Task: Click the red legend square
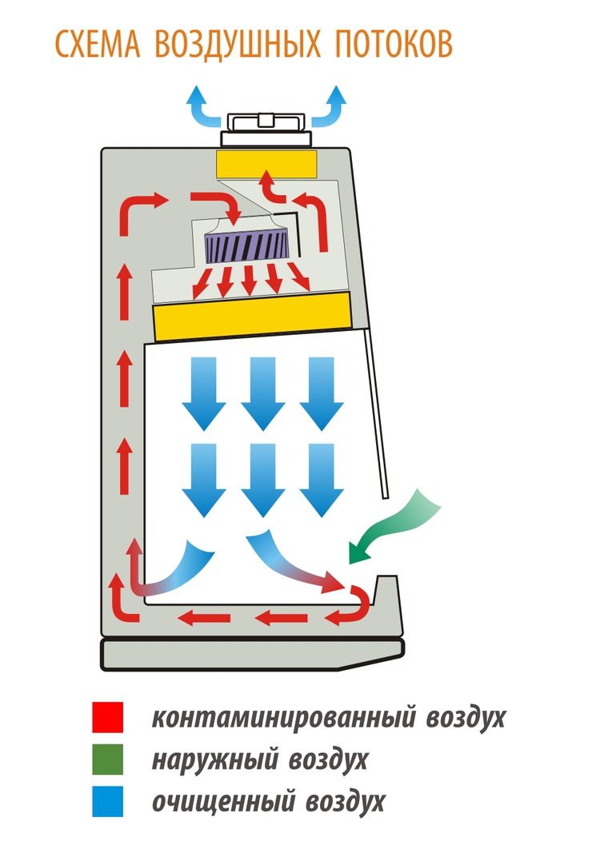107,717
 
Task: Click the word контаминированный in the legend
282,717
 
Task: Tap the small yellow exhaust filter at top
266,163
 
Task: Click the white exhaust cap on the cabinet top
266,127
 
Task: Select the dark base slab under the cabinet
252,654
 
